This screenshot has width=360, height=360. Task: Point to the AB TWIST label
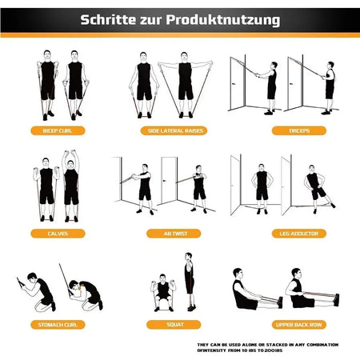[180, 234]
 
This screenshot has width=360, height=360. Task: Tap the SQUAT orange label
[180, 325]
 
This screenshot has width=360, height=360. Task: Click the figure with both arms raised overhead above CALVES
[71, 186]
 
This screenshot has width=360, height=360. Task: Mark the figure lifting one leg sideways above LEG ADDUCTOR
[316, 186]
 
